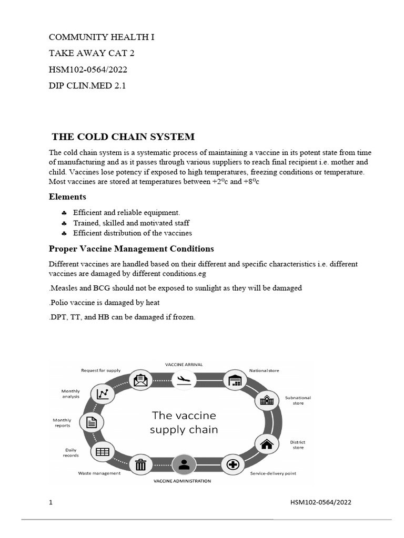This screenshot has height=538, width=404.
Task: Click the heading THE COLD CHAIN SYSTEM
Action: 123,137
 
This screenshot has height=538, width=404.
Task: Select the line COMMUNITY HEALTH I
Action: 102,37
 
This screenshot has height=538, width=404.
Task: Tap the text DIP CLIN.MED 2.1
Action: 87,85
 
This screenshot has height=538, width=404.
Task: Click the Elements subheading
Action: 67,196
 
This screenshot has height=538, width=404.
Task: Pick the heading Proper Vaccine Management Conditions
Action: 131,249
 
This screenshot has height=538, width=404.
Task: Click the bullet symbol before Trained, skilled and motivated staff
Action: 64,223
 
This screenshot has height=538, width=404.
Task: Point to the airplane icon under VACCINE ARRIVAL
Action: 184,379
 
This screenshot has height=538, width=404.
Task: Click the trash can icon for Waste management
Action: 140,464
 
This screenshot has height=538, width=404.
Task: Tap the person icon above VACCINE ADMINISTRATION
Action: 184,464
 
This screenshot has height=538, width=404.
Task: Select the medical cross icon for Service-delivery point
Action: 233,464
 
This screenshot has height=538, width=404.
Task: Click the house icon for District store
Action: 267,444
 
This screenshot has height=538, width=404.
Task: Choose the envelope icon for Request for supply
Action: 140,379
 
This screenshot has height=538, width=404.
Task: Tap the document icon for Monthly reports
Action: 91,422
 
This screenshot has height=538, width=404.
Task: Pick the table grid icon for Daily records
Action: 103,451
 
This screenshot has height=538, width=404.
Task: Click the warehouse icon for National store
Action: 235,380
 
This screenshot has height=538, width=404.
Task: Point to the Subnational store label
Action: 298,400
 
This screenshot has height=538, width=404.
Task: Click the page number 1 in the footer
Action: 51,502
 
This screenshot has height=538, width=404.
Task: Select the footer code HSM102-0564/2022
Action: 321,502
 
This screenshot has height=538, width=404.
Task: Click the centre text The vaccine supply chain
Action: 184,422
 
